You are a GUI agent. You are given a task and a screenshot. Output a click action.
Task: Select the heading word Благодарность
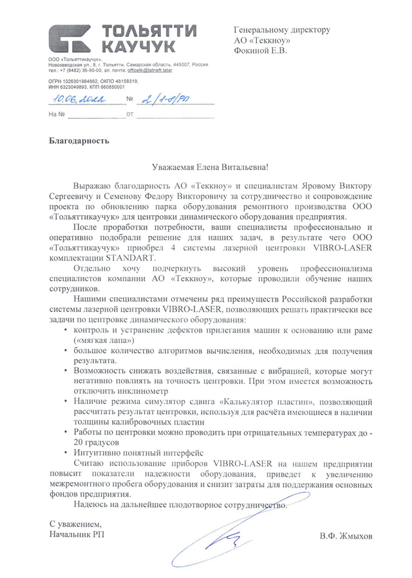[x=79, y=140]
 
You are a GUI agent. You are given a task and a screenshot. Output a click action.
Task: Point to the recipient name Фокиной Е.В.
[x=261, y=50]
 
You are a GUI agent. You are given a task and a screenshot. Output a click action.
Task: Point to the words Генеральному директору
[x=282, y=30]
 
